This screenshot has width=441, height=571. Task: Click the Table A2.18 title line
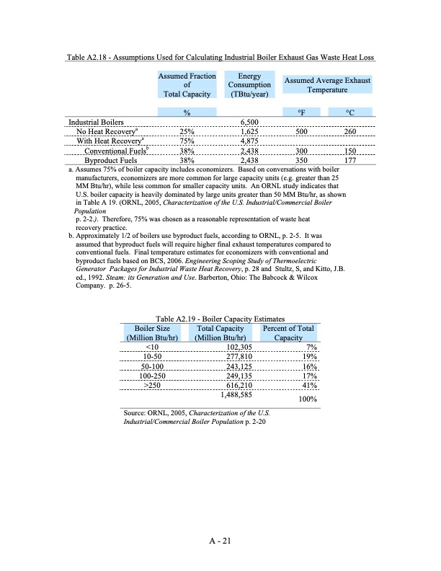(x=220, y=57)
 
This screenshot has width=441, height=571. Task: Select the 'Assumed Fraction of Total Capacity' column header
(x=187, y=84)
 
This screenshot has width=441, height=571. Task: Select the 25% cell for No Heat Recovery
(x=187, y=133)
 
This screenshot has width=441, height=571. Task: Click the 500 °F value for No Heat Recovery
(x=300, y=133)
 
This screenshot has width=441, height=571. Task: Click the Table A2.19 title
(x=220, y=319)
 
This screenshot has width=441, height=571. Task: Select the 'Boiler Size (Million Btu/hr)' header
(x=152, y=333)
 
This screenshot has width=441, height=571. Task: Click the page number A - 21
(x=220, y=544)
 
